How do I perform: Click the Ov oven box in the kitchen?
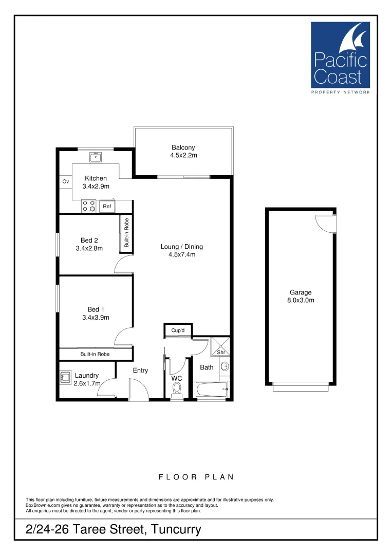(65, 182)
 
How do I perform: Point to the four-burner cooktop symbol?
(88, 206)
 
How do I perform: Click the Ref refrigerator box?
(107, 207)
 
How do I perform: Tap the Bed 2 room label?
(89, 244)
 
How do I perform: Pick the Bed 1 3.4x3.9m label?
(96, 313)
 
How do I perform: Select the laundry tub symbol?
(65, 378)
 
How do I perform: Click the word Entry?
(140, 371)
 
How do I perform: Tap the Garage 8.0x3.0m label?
(301, 297)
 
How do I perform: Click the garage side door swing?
(324, 223)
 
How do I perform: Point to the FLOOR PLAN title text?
(196, 477)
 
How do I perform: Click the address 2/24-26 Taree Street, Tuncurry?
(113, 529)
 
